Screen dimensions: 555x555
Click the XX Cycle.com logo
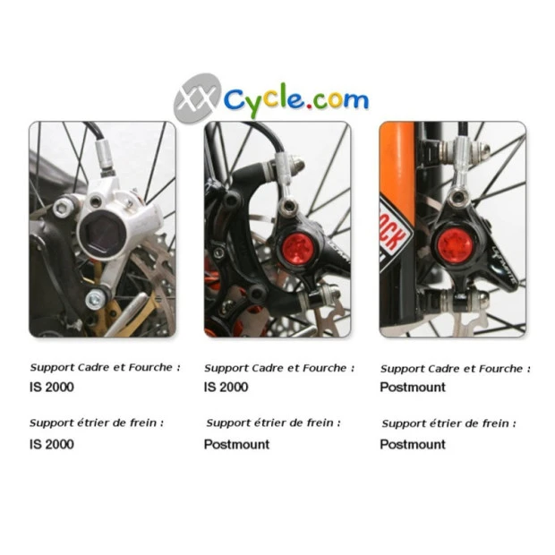[x=270, y=98]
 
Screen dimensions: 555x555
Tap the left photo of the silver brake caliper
[x=102, y=229]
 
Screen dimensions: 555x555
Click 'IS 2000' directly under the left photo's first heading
[x=51, y=388]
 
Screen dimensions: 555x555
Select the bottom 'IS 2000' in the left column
[x=51, y=444]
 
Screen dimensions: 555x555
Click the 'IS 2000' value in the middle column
[x=226, y=388]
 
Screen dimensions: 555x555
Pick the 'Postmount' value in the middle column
[x=236, y=444]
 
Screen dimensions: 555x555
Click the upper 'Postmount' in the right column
[x=412, y=388]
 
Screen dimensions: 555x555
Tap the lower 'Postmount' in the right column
[x=412, y=444]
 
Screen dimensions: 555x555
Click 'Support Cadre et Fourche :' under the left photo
[x=106, y=367]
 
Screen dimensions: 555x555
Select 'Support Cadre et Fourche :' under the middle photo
[x=279, y=368]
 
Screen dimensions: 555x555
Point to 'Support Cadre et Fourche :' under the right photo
[x=455, y=368]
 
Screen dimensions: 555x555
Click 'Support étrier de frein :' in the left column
[x=97, y=423]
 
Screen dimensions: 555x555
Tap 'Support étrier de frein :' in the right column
[x=448, y=423]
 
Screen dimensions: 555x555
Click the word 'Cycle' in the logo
[x=264, y=100]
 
